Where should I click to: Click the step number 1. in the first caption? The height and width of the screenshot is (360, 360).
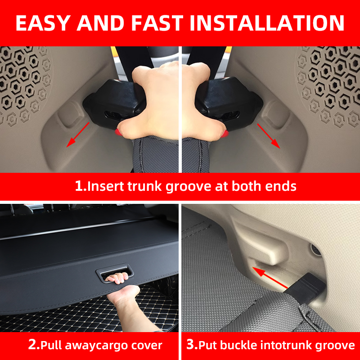81,186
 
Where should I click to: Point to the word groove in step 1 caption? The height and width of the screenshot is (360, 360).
191,186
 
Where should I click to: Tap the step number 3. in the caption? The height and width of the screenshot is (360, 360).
192,346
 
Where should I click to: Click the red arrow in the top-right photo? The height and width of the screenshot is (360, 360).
269,135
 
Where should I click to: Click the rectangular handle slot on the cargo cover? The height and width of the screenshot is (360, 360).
115,275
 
